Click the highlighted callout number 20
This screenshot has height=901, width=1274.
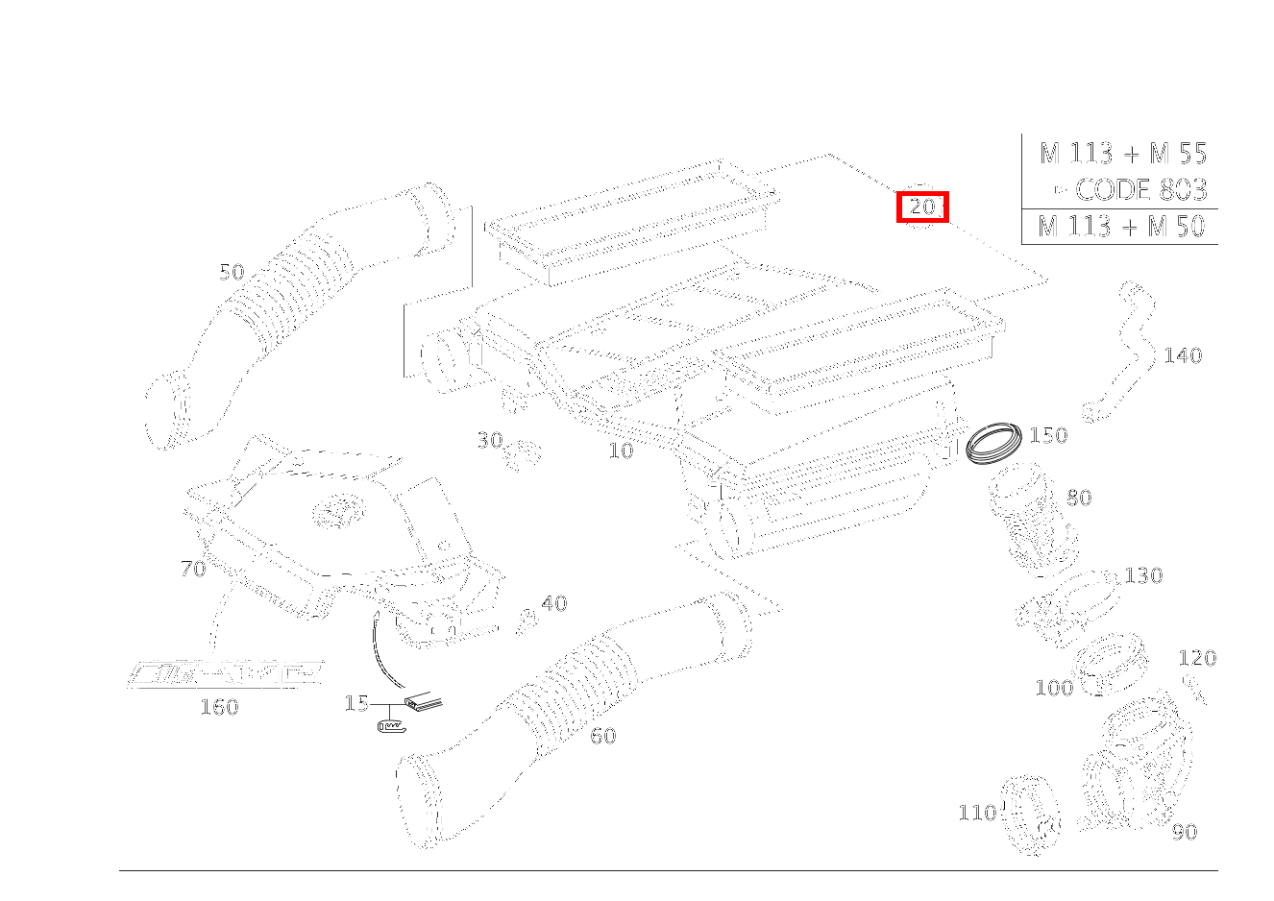pyautogui.click(x=922, y=207)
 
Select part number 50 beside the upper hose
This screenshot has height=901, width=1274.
pyautogui.click(x=232, y=272)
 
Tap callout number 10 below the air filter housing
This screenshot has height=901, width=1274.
pyautogui.click(x=621, y=450)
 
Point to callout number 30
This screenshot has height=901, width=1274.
pyautogui.click(x=490, y=440)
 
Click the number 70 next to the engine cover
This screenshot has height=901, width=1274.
pyautogui.click(x=193, y=569)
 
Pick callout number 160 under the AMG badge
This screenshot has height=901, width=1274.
pyautogui.click(x=218, y=707)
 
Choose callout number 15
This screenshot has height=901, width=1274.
pyautogui.click(x=356, y=703)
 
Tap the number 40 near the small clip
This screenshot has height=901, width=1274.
pyautogui.click(x=553, y=603)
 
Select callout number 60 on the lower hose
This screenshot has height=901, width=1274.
pyautogui.click(x=602, y=736)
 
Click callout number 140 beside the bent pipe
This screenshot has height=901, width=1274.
pyautogui.click(x=1182, y=355)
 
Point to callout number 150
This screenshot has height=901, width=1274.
pyautogui.click(x=1047, y=435)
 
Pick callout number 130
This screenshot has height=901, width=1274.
pyautogui.click(x=1143, y=575)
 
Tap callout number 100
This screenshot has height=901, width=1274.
pyautogui.click(x=1054, y=688)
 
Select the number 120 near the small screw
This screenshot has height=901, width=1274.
pyautogui.click(x=1197, y=658)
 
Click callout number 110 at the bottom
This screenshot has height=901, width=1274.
pyautogui.click(x=977, y=813)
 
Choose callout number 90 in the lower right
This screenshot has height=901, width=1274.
pyautogui.click(x=1184, y=832)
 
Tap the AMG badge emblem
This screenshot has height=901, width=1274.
pyautogui.click(x=225, y=673)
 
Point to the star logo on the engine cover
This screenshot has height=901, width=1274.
pyautogui.click(x=332, y=511)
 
